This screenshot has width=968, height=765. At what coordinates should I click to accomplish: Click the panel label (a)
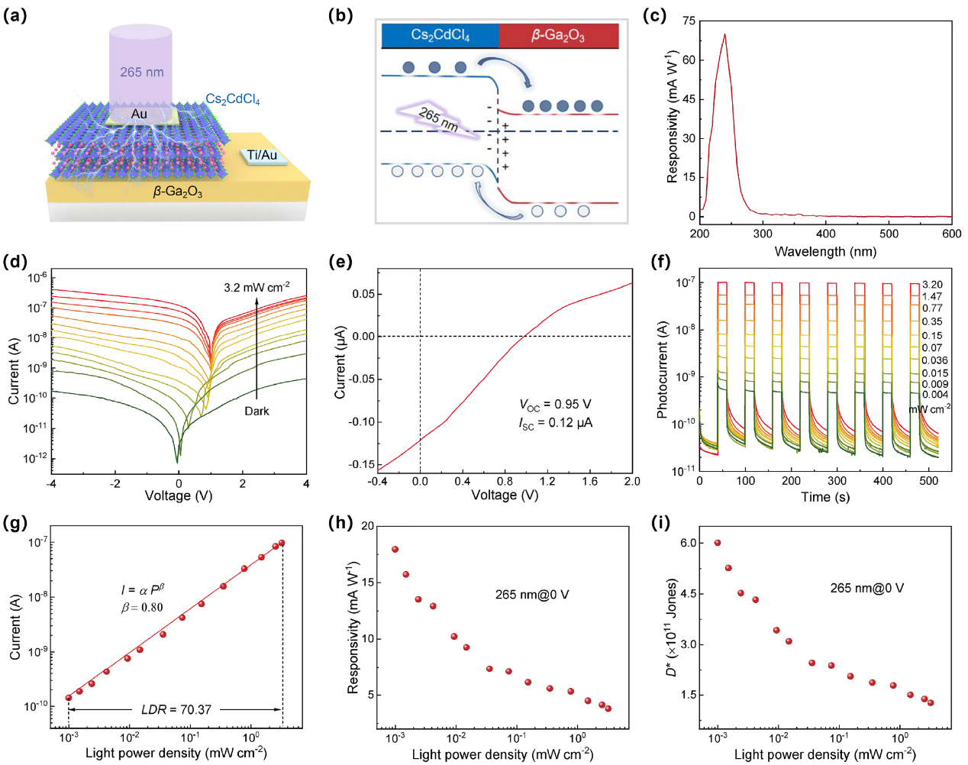coord(15,15)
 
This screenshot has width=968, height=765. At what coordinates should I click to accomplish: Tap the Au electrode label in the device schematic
coord(139,114)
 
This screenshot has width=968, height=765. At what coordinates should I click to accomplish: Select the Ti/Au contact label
coord(262,155)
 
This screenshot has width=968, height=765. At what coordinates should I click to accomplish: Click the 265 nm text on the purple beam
coord(141,72)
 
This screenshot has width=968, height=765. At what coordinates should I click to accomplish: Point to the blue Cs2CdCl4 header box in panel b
coord(440,35)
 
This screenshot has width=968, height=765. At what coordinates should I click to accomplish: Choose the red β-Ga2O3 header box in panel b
coord(558,35)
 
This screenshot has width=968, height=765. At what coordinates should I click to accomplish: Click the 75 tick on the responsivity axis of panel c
coord(689,21)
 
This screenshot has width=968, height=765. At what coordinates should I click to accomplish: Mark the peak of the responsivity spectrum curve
coord(724,34)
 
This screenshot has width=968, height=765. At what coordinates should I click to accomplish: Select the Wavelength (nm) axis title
coord(825,251)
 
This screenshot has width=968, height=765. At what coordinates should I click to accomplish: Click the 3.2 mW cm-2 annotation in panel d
coord(257,288)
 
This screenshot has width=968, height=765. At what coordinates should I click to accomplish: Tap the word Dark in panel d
coord(257,411)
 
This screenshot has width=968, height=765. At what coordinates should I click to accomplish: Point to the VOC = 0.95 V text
coord(555,405)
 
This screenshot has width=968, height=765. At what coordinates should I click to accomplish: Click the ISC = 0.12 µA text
coord(555,422)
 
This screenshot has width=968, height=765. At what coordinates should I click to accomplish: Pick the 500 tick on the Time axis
coord(929,481)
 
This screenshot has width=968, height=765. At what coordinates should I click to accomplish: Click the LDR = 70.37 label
coord(176,709)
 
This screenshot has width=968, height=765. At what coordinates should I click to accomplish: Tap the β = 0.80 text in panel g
coord(142,607)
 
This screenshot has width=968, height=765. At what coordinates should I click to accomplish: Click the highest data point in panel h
coord(395,549)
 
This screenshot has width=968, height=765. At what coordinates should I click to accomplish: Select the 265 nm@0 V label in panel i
coord(866,588)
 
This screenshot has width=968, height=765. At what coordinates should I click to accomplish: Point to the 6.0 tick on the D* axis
coord(689,543)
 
